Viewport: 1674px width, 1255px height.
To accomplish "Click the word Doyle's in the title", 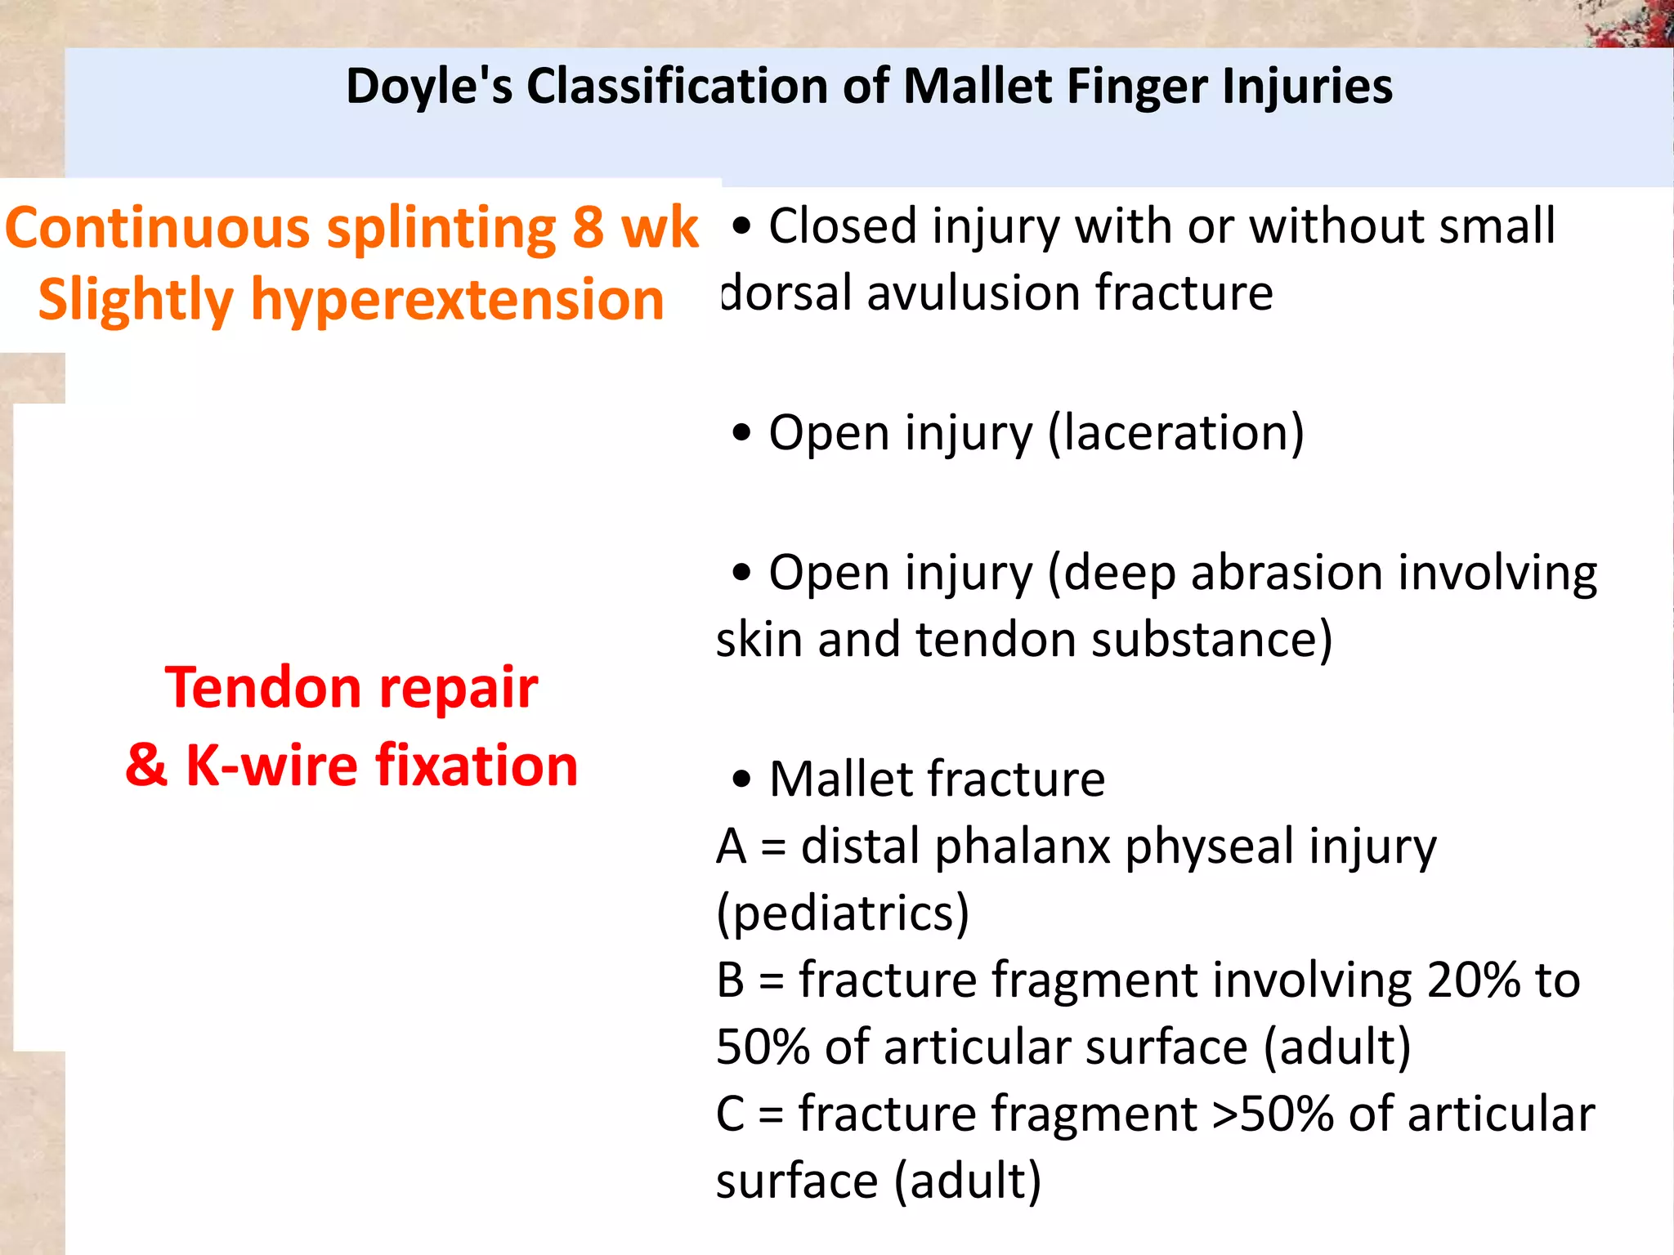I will (428, 87).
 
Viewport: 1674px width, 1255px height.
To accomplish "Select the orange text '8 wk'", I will (634, 228).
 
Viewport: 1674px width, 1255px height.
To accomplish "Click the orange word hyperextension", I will (457, 300).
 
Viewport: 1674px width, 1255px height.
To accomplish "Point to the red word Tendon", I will (262, 687).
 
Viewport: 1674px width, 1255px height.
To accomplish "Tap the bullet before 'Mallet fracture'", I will (741, 779).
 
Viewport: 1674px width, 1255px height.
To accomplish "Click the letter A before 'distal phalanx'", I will (732, 846).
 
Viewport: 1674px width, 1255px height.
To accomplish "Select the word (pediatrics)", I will (842, 913).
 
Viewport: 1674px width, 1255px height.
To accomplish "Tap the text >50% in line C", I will (1272, 1114).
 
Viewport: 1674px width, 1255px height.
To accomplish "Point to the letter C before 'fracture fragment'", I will (730, 1114).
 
